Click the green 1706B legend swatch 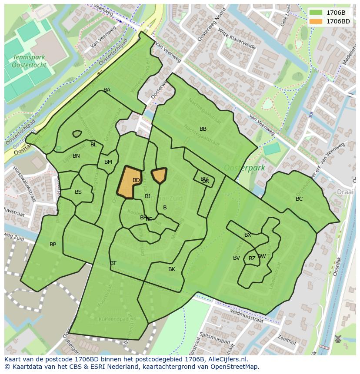[316, 13]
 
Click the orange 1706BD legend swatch [316, 21]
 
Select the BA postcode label [107, 90]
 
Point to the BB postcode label [203, 129]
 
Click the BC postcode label [299, 199]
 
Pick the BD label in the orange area [136, 180]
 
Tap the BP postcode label [53, 245]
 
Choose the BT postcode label [113, 263]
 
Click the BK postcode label [172, 269]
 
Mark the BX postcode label [248, 235]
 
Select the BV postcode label [237, 258]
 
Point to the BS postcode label [78, 192]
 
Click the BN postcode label [76, 156]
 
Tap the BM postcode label [108, 162]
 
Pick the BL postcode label [93, 145]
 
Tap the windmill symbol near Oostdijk [338, 338]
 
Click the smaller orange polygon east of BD [159, 175]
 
